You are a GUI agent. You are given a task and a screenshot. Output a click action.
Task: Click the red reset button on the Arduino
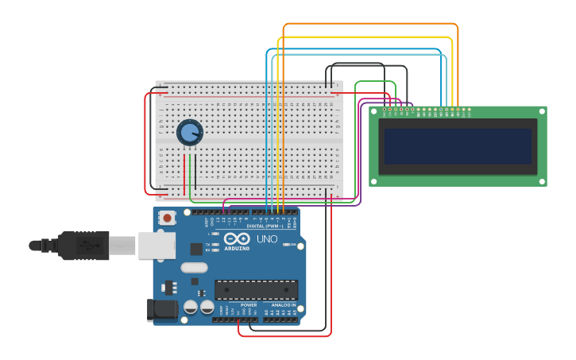(168, 218)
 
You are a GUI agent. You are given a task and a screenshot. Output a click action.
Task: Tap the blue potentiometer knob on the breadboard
(189, 132)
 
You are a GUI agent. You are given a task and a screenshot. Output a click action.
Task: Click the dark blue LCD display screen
(458, 146)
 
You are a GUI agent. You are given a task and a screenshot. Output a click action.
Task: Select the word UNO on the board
(267, 238)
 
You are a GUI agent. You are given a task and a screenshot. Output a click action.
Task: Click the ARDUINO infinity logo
(237, 240)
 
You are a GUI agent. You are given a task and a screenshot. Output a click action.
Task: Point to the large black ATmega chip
(256, 290)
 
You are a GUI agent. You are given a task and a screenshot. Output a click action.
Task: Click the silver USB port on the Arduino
(157, 245)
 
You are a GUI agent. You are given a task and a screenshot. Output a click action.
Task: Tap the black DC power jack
(163, 310)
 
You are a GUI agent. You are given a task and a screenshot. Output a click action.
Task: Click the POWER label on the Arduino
(249, 304)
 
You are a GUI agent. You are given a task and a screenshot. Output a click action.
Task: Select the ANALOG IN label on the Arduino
(284, 304)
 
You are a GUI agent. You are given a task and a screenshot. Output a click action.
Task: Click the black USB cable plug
(83, 246)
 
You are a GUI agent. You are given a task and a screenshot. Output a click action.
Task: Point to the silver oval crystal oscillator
(194, 268)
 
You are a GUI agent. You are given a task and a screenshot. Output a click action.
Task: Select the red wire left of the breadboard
(145, 143)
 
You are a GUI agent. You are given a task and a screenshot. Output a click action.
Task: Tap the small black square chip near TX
(195, 249)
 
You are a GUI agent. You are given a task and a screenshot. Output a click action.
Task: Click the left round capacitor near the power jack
(191, 307)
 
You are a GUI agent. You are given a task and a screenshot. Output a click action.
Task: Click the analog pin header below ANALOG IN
(281, 319)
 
